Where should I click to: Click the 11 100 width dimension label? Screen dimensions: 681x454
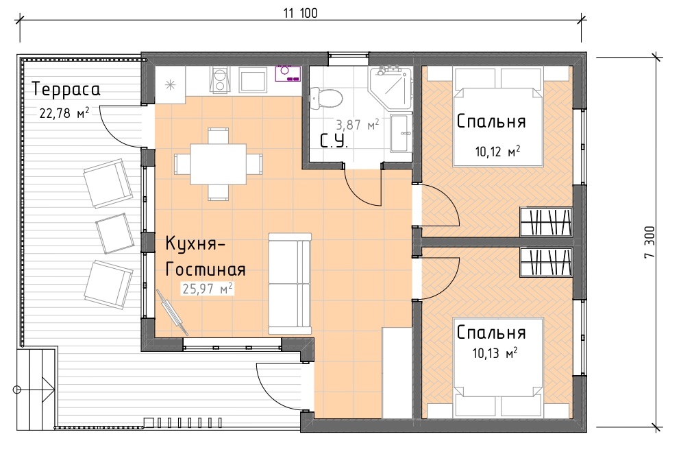coord(301,13)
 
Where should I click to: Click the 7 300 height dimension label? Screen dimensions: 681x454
coord(649,242)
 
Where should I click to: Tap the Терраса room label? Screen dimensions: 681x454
coord(66,89)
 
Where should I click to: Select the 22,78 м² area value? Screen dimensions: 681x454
coord(64,113)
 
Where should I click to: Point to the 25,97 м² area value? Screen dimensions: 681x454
coord(208,288)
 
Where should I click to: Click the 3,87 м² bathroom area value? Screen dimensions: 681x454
coord(358,125)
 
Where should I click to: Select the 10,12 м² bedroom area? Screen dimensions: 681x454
coord(497,152)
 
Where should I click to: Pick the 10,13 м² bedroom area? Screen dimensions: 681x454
coord(495,353)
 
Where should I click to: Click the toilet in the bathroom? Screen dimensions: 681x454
coord(326,97)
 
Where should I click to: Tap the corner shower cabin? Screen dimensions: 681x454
coord(390,88)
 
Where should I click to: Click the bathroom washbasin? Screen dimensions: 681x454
coord(400,134)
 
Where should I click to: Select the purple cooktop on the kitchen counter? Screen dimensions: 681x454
coord(288,73)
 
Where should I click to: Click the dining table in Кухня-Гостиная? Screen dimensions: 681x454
coord(218,164)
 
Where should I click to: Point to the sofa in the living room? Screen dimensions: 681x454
coord(290,283)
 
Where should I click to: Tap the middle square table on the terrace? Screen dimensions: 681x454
coord(114,234)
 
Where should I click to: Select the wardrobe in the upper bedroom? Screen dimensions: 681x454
coord(546,222)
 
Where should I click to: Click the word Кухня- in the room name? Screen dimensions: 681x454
coord(195,244)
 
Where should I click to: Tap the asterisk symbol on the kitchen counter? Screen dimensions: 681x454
coord(170,85)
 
